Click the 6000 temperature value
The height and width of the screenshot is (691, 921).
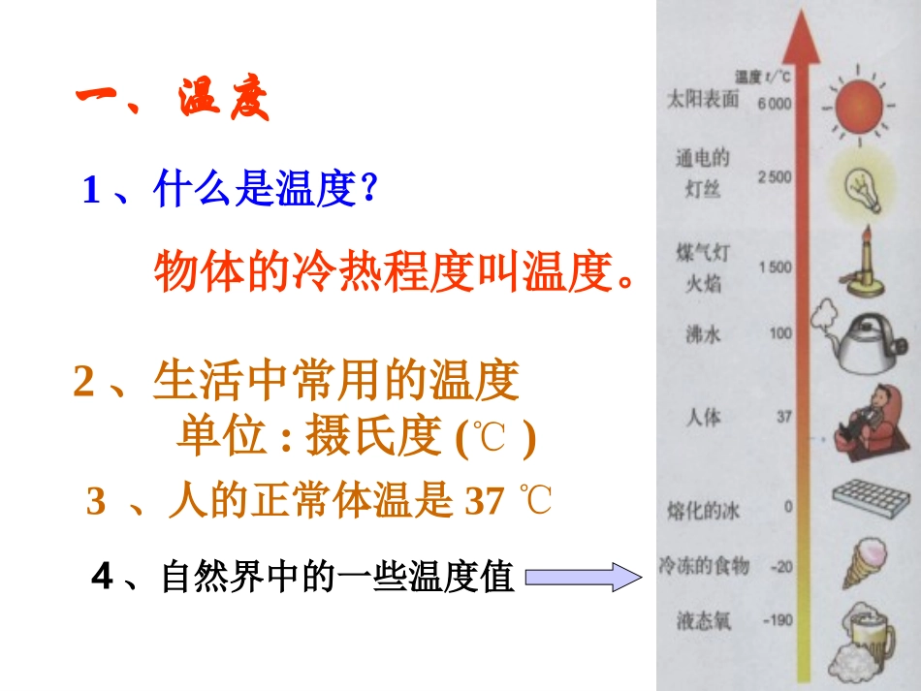776,104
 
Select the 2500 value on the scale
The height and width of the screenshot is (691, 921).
776,176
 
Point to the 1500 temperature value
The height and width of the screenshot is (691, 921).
776,267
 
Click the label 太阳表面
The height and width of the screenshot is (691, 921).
704,98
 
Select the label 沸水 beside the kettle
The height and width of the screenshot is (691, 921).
704,335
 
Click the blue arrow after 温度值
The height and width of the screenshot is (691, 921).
583,579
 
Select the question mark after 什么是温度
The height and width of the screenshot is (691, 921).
367,190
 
